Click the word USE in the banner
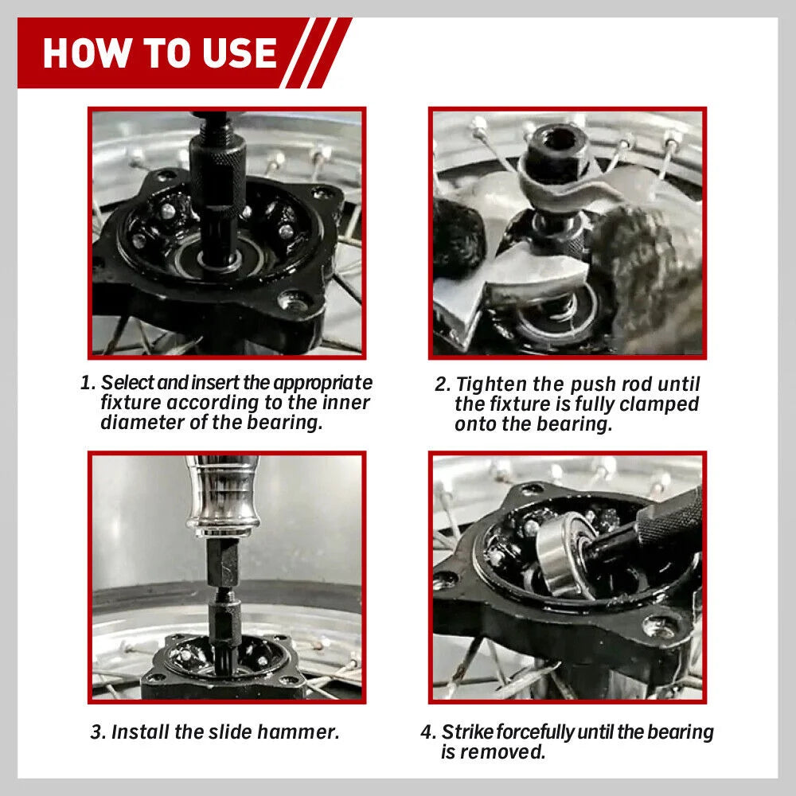click(x=238, y=53)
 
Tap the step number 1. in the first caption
click(x=88, y=383)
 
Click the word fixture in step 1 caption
click(x=130, y=403)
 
